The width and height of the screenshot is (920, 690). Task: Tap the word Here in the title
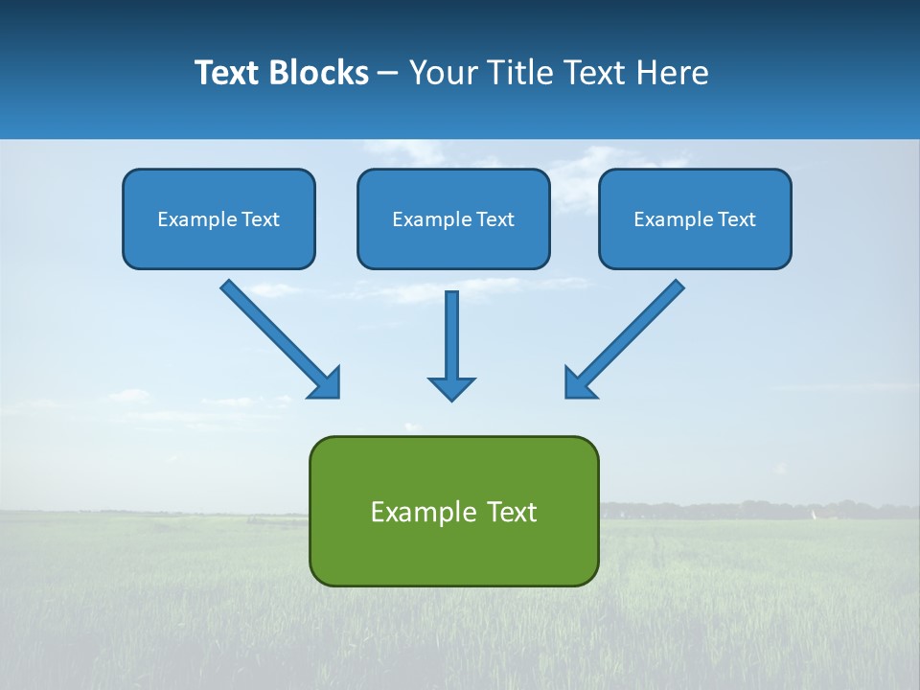click(x=673, y=73)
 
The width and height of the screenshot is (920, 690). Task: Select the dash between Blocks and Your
click(x=388, y=74)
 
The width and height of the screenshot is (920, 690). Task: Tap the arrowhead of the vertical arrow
click(x=451, y=388)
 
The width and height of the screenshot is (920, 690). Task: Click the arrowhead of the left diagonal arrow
click(x=327, y=384)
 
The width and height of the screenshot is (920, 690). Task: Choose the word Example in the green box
click(x=417, y=512)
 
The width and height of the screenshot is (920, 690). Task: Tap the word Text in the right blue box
click(x=737, y=219)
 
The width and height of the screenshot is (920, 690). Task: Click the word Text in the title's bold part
click(x=228, y=73)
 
